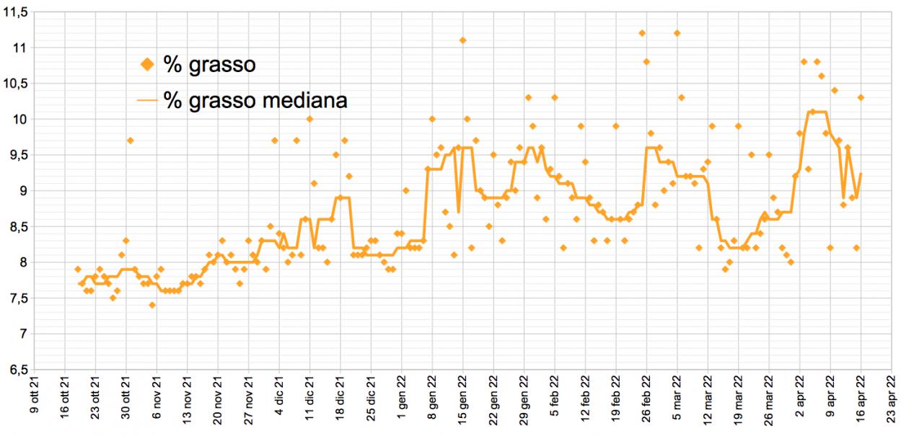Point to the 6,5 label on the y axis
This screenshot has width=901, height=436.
[17, 370]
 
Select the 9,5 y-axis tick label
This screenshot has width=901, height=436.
[17, 155]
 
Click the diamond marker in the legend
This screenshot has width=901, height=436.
[147, 65]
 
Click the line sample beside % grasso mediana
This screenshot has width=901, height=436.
[147, 100]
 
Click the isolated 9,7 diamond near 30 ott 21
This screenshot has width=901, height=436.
[130, 141]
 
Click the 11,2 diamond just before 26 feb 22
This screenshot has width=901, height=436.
[642, 33]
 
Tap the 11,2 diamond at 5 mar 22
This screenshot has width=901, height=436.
[677, 33]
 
